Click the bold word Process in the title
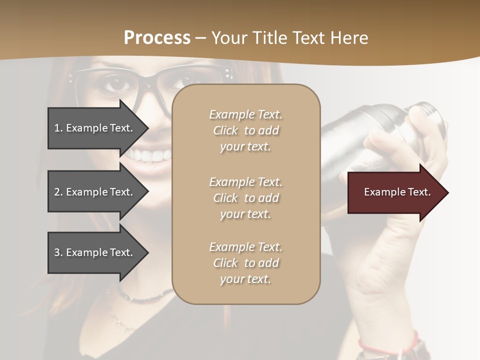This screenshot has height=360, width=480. point(157,38)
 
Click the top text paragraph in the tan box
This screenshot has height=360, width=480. point(245,130)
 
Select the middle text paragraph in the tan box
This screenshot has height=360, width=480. point(245,198)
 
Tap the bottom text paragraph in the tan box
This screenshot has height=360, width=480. point(245,263)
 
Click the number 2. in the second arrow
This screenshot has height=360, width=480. point(58,192)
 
